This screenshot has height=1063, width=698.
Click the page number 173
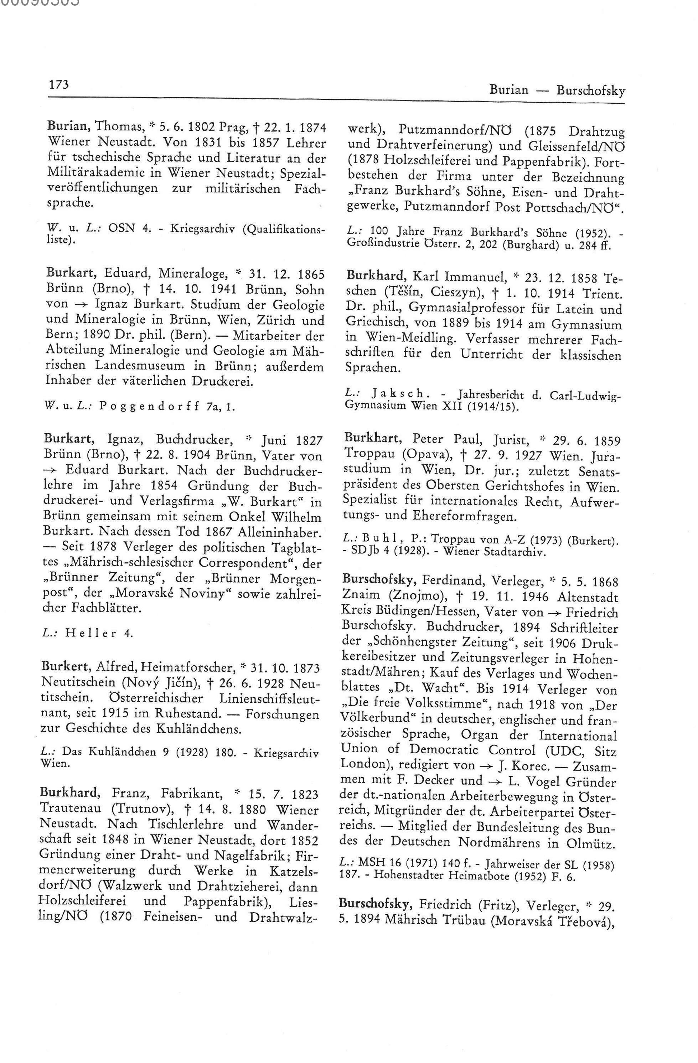pyautogui.click(x=60, y=84)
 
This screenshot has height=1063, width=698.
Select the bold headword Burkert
pyautogui.click(x=66, y=668)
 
